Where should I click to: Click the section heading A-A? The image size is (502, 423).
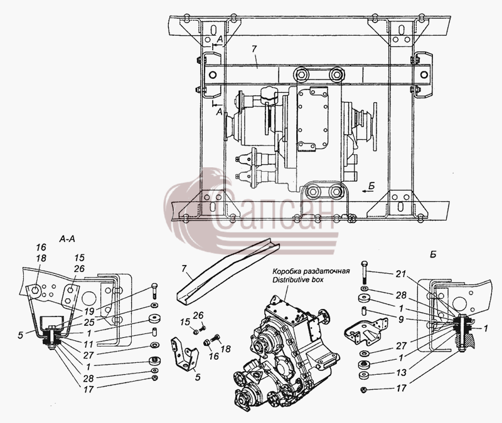(x=67, y=239)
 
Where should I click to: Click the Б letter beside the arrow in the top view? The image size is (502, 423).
(x=371, y=185)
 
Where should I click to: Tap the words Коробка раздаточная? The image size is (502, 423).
(x=311, y=272)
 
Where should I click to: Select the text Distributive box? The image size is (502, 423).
(x=297, y=280)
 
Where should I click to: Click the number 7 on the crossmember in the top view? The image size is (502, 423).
(x=254, y=49)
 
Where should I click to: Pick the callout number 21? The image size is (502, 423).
(x=400, y=274)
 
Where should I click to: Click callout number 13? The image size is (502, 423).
(x=401, y=372)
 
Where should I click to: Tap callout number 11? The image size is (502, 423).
(x=88, y=344)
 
